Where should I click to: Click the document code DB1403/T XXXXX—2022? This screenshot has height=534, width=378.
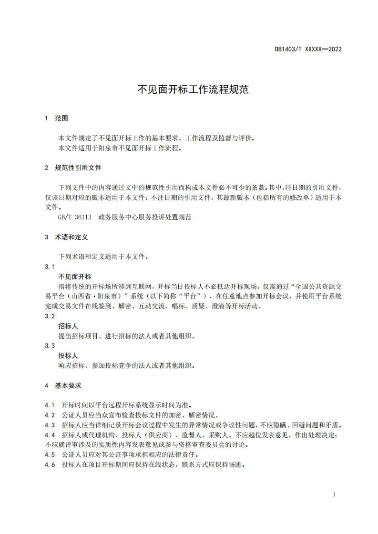point(308,49)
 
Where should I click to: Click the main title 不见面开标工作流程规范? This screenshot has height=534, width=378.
point(189,89)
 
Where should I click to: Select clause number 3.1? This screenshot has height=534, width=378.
point(50,267)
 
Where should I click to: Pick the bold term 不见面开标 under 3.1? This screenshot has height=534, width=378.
point(75,277)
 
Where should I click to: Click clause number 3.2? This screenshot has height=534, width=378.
point(50,316)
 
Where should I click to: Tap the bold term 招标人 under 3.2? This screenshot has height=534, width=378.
point(68,326)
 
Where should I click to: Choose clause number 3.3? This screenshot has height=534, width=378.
point(50,346)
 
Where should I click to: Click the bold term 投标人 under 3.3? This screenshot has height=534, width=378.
point(68,356)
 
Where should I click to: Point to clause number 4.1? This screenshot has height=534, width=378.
point(50,405)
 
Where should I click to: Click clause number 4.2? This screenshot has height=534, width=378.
point(50,415)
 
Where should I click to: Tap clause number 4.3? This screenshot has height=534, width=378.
point(50,425)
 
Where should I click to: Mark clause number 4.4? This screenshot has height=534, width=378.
point(50,435)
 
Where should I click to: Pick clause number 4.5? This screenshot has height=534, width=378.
point(50,455)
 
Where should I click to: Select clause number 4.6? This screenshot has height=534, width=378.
point(50,465)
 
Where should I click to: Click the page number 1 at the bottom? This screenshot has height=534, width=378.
point(334,494)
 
